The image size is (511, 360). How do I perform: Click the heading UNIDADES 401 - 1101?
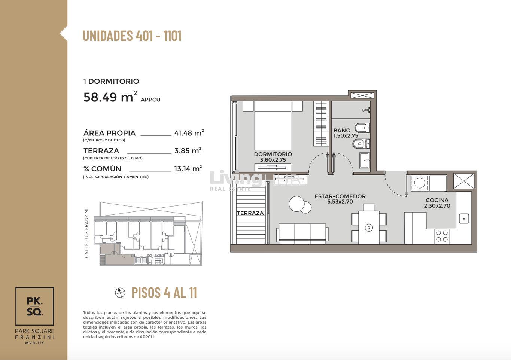[x=132, y=36]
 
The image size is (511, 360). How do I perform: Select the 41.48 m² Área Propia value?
[x=189, y=133]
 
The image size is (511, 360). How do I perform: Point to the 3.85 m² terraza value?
[x=188, y=150]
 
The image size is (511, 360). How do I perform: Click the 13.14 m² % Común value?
[x=188, y=168]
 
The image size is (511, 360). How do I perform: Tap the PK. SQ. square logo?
[x=35, y=306]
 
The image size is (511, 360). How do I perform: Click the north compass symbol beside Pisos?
[x=120, y=293]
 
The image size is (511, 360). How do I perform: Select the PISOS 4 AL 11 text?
[x=164, y=293]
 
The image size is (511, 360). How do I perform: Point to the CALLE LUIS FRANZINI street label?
[x=86, y=234]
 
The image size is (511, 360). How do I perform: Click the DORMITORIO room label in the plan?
[x=273, y=154]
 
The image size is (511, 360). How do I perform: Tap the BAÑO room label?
[x=342, y=130]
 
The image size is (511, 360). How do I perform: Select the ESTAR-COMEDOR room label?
[x=340, y=196]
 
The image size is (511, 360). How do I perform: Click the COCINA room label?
[x=437, y=200]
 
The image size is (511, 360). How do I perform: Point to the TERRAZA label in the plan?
[x=250, y=213]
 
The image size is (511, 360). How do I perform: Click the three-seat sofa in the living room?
[x=302, y=234]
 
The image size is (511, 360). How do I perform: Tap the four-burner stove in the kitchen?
[x=442, y=236]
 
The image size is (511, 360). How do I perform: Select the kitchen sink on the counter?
[x=464, y=219]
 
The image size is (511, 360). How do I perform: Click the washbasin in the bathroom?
[x=365, y=161]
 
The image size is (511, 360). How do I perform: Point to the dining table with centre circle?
[x=369, y=227]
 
